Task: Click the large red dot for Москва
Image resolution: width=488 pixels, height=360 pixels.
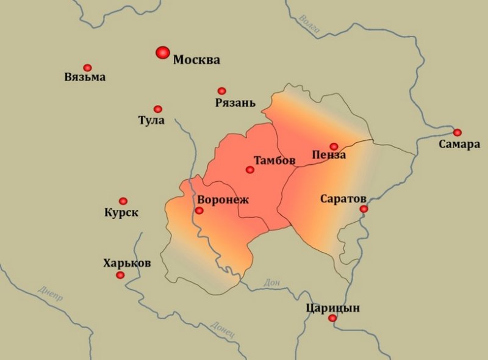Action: coord(162,53)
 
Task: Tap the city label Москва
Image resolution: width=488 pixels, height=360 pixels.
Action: coord(196,60)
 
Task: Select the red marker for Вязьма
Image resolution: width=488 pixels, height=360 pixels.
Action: coord(87,68)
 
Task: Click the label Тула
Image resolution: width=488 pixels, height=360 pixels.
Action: coord(151,120)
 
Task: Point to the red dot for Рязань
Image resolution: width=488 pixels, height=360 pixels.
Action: coord(221,91)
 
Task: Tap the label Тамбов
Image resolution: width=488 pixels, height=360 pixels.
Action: coord(274,161)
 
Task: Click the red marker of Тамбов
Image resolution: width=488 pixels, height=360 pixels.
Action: coord(249,170)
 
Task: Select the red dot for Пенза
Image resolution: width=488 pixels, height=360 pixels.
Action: coord(334,146)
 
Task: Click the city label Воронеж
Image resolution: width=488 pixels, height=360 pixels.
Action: coord(223,200)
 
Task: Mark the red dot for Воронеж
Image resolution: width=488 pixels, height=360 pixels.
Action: coord(199,211)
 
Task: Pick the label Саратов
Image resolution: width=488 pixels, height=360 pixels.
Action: coord(343,199)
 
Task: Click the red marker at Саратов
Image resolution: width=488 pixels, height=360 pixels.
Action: coord(364,209)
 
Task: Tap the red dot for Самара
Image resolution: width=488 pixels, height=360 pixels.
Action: coord(457,132)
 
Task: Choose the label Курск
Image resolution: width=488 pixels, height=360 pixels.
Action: coord(121,213)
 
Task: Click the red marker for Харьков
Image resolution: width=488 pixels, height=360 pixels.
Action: coord(120,275)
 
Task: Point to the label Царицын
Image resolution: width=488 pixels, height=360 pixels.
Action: coord(332,308)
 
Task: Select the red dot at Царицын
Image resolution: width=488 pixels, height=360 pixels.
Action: coord(332,319)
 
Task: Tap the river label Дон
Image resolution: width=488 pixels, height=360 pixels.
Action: coord(271,282)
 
